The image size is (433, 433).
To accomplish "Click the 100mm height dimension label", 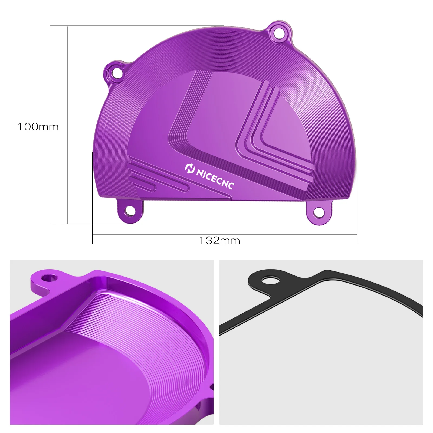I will point(38,127).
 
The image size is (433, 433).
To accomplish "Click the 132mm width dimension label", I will point(219,241).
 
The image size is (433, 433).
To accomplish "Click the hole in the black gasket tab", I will point(271,279).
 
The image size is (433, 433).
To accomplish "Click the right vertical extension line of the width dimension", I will point(357,198).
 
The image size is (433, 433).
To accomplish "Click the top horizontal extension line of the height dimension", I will point(135,26).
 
